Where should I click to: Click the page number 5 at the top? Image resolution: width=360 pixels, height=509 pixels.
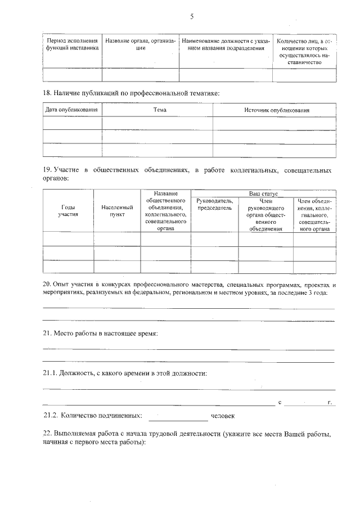191,17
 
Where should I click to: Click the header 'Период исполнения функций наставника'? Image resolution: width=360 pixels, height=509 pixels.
72,44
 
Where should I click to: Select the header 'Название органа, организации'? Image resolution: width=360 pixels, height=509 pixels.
140,44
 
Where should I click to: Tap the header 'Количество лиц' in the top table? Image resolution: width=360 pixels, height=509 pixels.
304,52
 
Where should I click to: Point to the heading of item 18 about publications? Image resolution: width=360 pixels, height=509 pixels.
131,92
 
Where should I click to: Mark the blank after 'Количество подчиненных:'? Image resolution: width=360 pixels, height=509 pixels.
178,417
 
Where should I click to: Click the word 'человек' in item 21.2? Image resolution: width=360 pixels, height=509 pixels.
222,416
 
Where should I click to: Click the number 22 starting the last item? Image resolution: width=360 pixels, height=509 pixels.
47,435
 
